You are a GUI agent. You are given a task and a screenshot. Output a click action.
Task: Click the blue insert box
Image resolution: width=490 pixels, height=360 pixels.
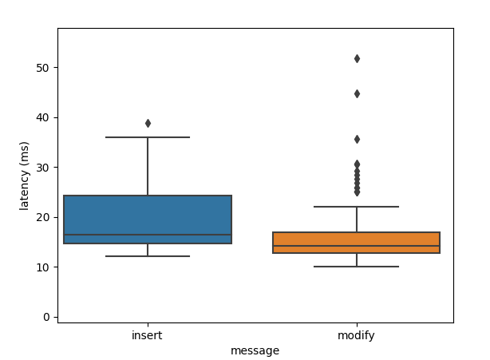pyautogui.click(x=148, y=220)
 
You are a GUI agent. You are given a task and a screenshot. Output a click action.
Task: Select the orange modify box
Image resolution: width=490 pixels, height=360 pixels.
pyautogui.click(x=356, y=243)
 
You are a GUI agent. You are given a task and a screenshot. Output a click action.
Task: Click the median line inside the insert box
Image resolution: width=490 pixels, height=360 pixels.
pyautogui.click(x=148, y=235)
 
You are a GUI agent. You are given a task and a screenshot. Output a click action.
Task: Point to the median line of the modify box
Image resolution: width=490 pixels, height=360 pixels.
pyautogui.click(x=356, y=246)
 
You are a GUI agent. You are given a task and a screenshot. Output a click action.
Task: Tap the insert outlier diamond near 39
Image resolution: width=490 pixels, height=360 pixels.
pyautogui.click(x=148, y=124)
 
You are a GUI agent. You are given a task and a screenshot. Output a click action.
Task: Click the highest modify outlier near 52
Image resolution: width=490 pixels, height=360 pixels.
pyautogui.click(x=357, y=59)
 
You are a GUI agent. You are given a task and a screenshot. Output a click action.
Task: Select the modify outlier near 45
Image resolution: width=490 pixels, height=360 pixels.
pyautogui.click(x=357, y=93)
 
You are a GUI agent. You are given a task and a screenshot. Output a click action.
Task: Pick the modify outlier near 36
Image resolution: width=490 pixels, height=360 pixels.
pyautogui.click(x=357, y=140)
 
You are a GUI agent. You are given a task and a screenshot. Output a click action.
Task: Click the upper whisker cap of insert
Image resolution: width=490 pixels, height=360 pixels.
pyautogui.click(x=148, y=137)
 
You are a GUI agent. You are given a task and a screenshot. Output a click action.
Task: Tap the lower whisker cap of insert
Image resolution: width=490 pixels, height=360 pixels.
pyautogui.click(x=148, y=256)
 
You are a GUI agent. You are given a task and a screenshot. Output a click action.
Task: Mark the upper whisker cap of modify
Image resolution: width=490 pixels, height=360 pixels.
pyautogui.click(x=356, y=207)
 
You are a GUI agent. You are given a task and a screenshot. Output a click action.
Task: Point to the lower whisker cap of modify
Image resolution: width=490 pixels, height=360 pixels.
pyautogui.click(x=356, y=267)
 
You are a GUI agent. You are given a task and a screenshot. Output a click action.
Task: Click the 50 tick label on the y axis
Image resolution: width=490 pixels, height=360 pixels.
pyautogui.click(x=43, y=68)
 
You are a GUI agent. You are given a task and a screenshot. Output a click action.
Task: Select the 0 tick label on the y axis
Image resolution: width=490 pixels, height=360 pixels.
pyautogui.click(x=46, y=317)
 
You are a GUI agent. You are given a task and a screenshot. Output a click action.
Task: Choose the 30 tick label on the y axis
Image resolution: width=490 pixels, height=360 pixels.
pyautogui.click(x=43, y=168)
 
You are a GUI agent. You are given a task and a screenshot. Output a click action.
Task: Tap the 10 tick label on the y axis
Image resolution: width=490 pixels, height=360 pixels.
pyautogui.click(x=43, y=267)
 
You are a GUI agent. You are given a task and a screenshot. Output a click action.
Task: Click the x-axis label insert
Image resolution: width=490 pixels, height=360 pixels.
pyautogui.click(x=147, y=335)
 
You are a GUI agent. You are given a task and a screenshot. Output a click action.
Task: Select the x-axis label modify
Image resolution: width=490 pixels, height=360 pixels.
pyautogui.click(x=356, y=336)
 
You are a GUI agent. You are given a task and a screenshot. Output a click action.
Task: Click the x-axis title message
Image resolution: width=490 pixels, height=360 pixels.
pyautogui.click(x=255, y=351)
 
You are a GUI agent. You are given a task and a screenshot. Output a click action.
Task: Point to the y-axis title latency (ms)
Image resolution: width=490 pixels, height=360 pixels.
pyautogui.click(x=24, y=176)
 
